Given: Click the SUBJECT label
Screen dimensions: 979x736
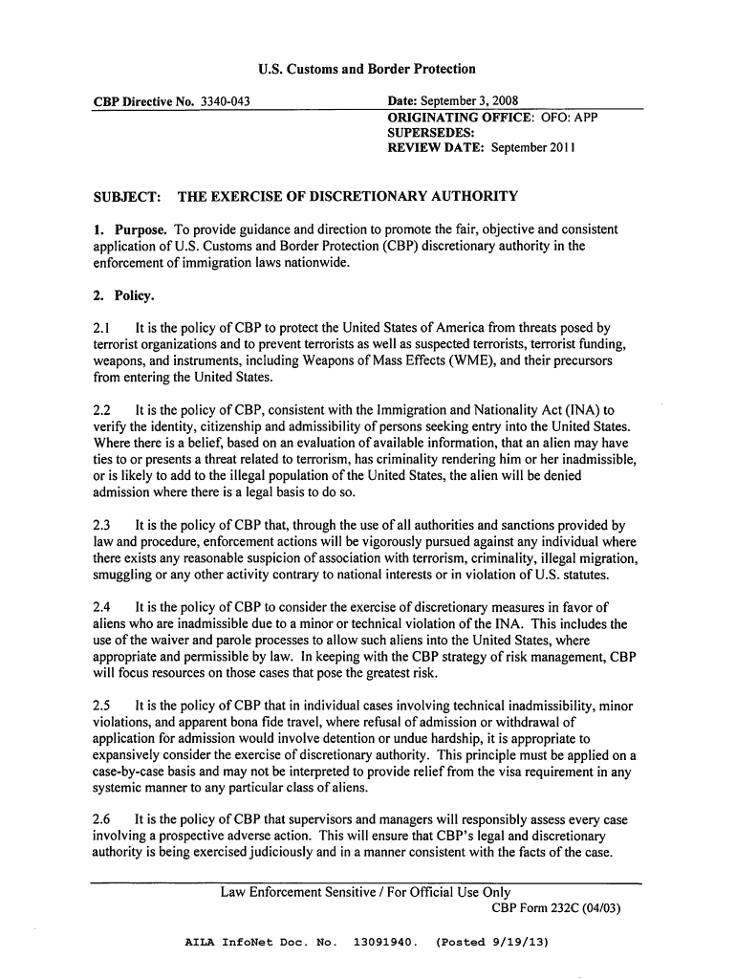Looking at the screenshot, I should click(124, 198).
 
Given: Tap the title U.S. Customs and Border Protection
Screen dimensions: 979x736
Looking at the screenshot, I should click(367, 69).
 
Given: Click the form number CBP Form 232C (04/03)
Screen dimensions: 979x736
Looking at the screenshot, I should click(555, 908).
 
